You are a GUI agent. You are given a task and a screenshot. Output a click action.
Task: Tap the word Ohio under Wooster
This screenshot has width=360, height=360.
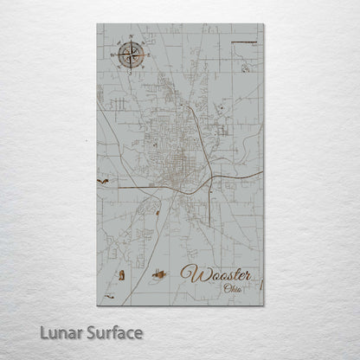(233, 288)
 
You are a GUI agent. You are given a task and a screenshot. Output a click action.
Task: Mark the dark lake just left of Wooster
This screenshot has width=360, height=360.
(157, 277)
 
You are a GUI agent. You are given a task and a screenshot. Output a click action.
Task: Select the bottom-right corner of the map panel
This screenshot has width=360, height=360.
(263, 305)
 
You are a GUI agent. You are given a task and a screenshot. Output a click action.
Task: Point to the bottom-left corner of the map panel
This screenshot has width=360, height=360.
(97, 305)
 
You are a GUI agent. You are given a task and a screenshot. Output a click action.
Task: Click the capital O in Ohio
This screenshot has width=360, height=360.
(226, 288)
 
